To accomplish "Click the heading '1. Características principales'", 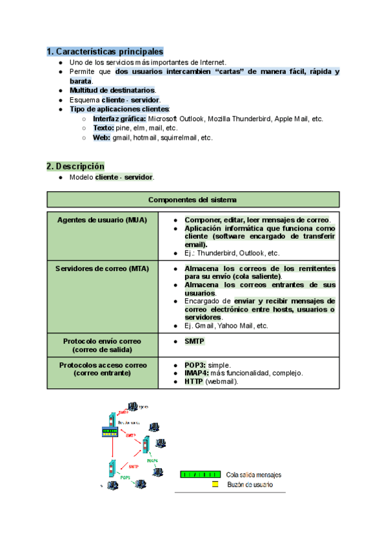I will (x=105, y=51).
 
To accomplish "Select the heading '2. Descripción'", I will (x=75, y=166).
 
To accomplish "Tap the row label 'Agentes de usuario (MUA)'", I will (x=101, y=220).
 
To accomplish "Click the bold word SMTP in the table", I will (x=194, y=341).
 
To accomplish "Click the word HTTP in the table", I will (x=194, y=382).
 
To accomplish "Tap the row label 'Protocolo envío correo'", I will (x=101, y=341).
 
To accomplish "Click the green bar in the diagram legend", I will (x=201, y=475).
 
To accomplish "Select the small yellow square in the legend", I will (x=216, y=484).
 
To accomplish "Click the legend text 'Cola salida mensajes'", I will (x=253, y=475).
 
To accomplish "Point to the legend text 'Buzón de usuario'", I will (x=250, y=484).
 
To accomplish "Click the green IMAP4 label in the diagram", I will (x=152, y=460).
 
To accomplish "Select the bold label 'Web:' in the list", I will (x=102, y=137).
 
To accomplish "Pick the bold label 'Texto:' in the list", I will (x=104, y=128).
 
